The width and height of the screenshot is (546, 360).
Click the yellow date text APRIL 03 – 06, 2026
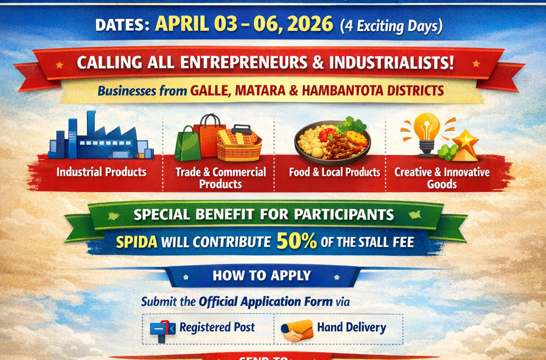(x=244, y=24)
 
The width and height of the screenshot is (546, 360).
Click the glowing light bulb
(x=426, y=131)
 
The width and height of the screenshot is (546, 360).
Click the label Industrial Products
(x=101, y=172)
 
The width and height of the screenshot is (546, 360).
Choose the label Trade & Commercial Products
(x=221, y=178)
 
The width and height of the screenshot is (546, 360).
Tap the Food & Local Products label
(x=334, y=172)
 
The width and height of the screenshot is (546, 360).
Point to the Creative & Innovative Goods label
(x=442, y=178)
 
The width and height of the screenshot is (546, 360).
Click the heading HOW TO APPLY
(x=262, y=276)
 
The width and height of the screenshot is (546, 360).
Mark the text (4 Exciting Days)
(x=391, y=25)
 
